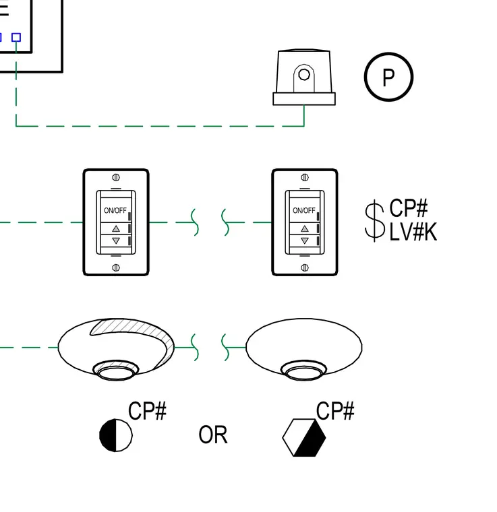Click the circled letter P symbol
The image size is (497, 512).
pos(388,77)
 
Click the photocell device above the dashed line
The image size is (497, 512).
pos(304,77)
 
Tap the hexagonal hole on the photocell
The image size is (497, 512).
pos(304,75)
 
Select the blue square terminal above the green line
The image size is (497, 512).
pos(16,37)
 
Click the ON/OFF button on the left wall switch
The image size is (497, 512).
pos(115,210)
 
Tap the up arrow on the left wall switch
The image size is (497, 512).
pos(116,228)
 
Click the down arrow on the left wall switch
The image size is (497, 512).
pos(116,241)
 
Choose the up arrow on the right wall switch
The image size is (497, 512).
pos(305,228)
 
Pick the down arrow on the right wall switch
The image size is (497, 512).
pos(305,241)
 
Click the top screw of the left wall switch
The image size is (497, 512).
pos(116,177)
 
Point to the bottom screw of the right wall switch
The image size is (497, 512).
pos(305,267)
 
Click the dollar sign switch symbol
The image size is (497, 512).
pos(374,221)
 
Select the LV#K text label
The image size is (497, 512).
pos(413,232)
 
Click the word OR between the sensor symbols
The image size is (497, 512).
pos(213,435)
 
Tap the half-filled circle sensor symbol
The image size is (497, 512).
pos(116,435)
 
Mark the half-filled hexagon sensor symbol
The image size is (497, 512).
pos(304,437)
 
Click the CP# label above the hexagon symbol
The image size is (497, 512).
pos(335,411)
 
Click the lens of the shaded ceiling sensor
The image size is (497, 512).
pos(116,371)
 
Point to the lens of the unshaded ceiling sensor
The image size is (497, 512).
pos(304,371)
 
